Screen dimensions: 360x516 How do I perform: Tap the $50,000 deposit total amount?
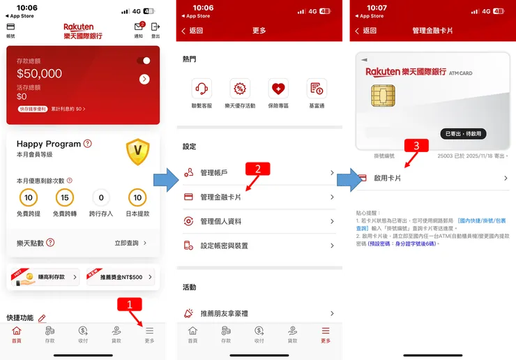click(x=39, y=74)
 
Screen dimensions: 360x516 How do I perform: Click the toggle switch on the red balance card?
click(x=144, y=61)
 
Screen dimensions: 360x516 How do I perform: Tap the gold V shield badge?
click(x=137, y=151)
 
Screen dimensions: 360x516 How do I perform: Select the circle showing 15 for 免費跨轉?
click(x=65, y=198)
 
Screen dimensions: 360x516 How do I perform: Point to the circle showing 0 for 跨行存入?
click(x=101, y=198)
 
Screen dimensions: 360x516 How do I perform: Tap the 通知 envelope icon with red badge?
click(x=138, y=27)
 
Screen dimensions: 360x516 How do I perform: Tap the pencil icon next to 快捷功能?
click(x=42, y=318)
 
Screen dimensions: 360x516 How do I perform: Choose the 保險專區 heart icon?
click(x=278, y=89)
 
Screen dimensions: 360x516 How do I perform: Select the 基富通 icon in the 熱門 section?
click(x=317, y=89)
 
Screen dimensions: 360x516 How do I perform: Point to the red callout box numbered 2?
click(x=257, y=168)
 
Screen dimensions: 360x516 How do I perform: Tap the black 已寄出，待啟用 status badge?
click(x=463, y=133)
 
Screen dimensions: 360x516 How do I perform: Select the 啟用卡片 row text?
click(x=388, y=179)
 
